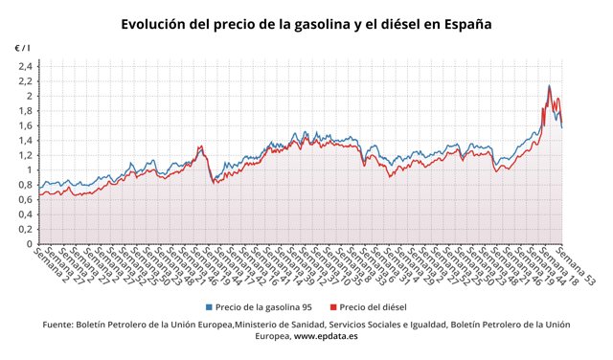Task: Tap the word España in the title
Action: click(x=465, y=23)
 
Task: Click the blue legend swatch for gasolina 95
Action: click(x=210, y=307)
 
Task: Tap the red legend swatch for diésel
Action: click(x=334, y=307)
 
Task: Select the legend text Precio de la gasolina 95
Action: click(x=264, y=307)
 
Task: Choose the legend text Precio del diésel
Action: click(x=373, y=307)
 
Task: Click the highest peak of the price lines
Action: click(x=549, y=86)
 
